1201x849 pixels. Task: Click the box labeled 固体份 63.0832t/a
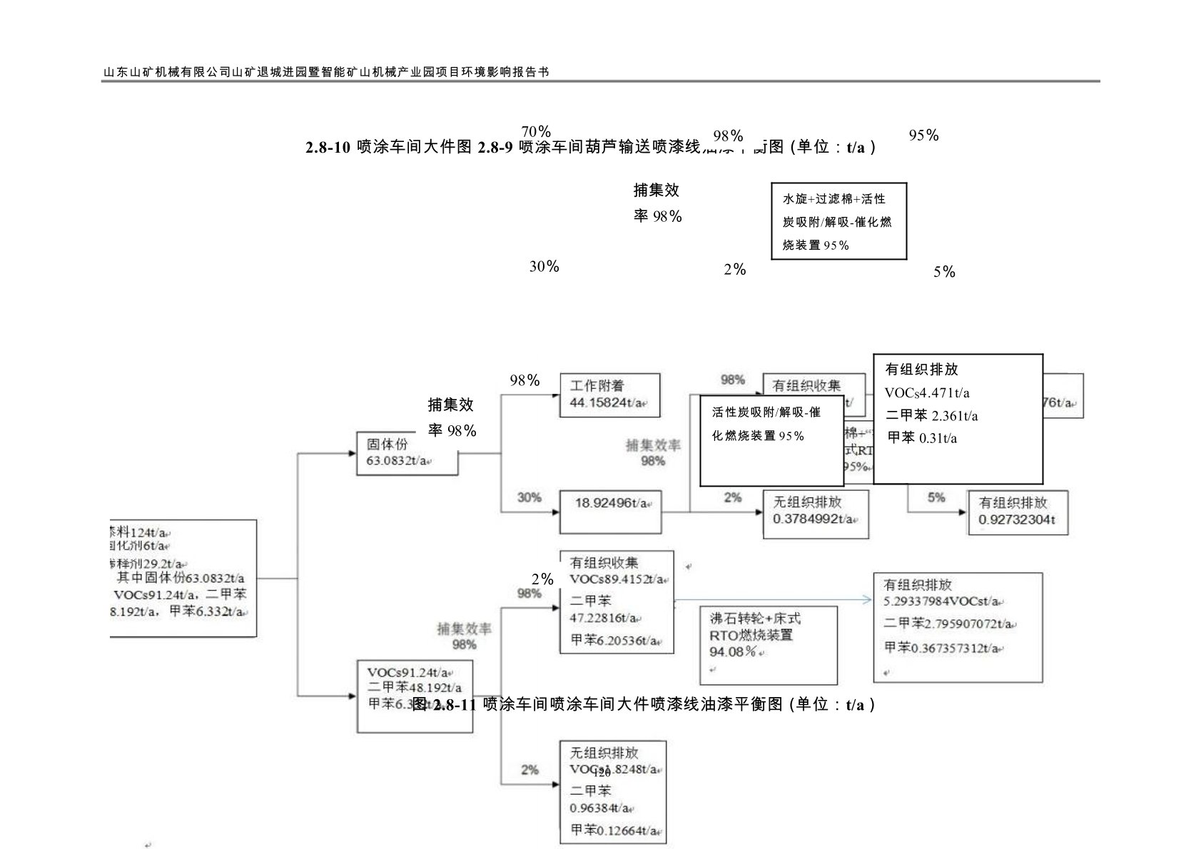point(406,453)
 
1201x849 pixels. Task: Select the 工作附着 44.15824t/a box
point(609,395)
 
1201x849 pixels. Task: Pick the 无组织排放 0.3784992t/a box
point(816,513)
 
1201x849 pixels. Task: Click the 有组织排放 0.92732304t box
point(1018,512)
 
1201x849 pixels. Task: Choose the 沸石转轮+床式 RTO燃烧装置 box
point(768,644)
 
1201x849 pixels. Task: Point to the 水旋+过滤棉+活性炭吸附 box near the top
point(838,221)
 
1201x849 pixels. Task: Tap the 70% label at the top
point(536,132)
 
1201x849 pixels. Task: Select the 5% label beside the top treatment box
point(944,272)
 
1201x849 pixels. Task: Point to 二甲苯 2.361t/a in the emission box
point(931,416)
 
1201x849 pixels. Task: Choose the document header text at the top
point(326,72)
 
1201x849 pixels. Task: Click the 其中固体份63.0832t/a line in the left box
point(181,578)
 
